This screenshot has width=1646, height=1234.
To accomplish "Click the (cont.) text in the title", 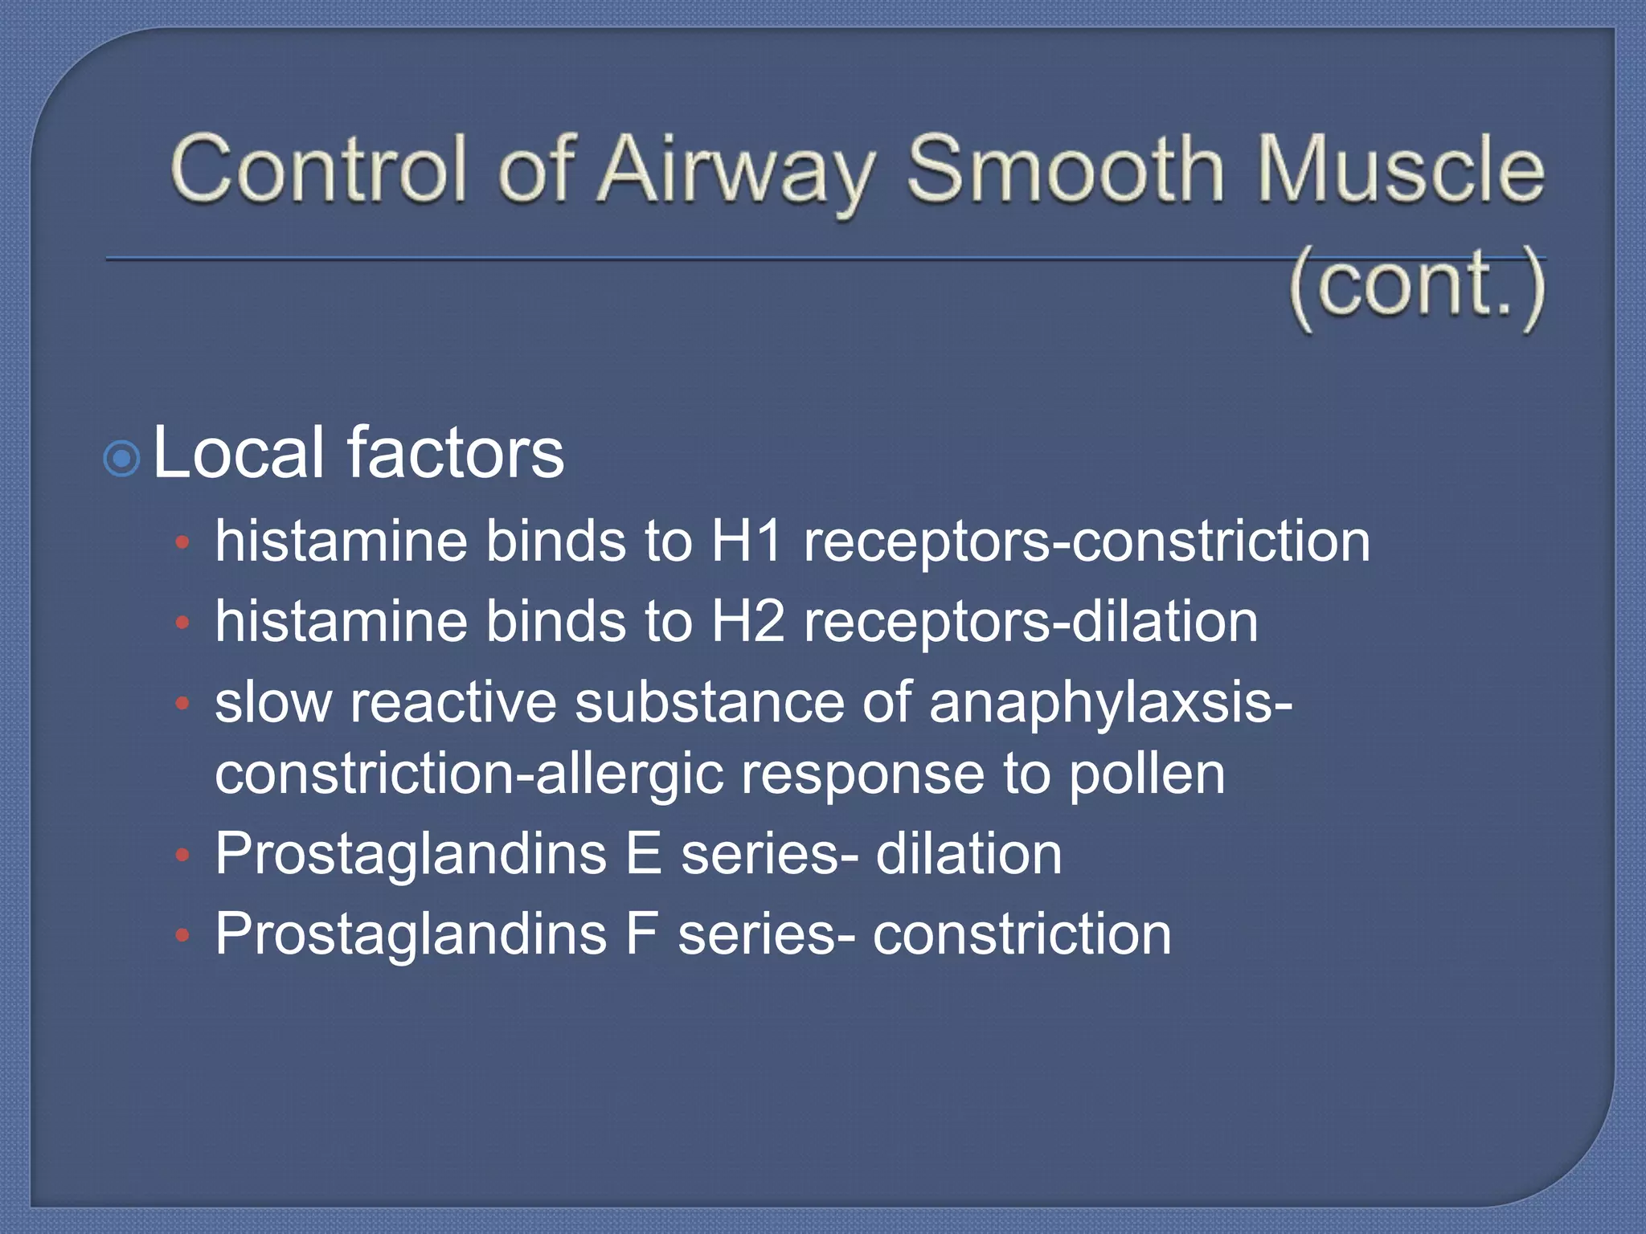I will point(1418,285).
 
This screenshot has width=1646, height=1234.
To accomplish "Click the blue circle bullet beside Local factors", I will point(122,460).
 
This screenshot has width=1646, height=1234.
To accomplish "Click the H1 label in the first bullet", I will point(747,541).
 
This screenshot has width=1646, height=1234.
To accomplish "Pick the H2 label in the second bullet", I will point(748,623).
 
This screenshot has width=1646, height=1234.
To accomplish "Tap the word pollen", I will point(1147,775).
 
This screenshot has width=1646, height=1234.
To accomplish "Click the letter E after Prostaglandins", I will point(643,854).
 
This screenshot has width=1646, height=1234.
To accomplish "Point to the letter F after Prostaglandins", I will point(641,934).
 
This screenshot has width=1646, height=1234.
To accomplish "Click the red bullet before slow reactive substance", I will point(182,705).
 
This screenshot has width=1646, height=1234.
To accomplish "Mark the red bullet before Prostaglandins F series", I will point(182,935).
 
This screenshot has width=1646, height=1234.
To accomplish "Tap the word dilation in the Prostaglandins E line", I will point(968,854).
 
